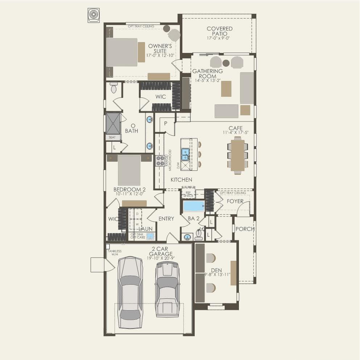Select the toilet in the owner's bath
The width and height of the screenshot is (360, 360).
coord(114,87)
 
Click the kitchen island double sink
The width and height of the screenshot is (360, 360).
coord(185,154)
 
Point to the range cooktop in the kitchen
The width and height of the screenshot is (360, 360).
coord(160,161)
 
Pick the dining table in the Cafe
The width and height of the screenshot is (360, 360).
coord(238,155)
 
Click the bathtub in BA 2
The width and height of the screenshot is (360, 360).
coord(194,206)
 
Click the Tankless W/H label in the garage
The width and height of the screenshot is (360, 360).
coord(114,253)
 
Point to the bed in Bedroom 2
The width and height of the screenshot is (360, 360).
coord(129,170)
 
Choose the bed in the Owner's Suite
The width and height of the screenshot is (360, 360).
coord(122,57)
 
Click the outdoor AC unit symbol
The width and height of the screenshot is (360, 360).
coord(94,15)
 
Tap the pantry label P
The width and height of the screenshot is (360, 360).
coord(166,123)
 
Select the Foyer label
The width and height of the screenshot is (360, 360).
coord(235,201)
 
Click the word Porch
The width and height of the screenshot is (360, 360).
coord(245,229)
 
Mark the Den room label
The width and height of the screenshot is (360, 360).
coord(216,270)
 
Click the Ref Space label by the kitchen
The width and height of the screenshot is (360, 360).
coord(188,194)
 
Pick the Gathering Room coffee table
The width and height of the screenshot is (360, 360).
coord(226,88)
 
